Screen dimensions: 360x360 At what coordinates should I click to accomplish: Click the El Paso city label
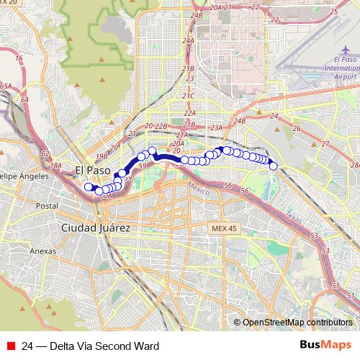tap(93, 171)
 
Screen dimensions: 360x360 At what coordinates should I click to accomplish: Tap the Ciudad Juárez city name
tap(96, 227)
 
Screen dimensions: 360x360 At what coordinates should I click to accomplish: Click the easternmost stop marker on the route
tap(274, 166)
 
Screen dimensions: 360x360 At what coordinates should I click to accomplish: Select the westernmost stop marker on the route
tap(89, 187)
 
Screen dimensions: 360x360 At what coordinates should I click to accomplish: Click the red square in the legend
tap(11, 345)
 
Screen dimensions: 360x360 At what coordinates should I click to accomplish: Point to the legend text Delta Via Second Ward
tap(90, 345)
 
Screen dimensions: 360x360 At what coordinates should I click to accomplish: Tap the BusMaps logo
tap(325, 345)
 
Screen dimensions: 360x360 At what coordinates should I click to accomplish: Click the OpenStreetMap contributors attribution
tap(298, 322)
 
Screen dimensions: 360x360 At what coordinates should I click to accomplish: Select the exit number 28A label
tap(354, 165)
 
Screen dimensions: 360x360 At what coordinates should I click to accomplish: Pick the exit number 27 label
tap(325, 144)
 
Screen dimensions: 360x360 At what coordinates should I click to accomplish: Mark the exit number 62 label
tap(45, 154)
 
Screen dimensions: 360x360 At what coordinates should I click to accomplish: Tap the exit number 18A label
tap(55, 166)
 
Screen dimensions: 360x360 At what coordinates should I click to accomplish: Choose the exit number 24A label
tap(189, 41)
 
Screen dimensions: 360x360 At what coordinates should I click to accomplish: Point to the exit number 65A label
tap(6, 86)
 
